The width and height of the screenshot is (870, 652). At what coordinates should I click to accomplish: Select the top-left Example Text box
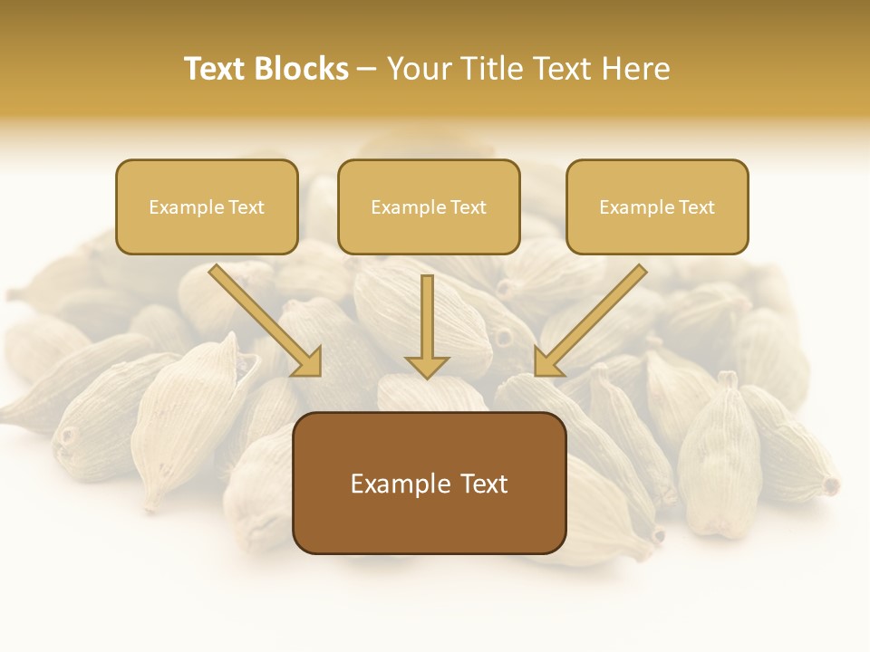coord(207,207)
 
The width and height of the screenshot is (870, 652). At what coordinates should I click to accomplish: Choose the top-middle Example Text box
coord(429,207)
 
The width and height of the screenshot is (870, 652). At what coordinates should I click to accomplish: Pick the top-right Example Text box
coord(657,207)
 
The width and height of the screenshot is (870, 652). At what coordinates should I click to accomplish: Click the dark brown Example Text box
coord(429,483)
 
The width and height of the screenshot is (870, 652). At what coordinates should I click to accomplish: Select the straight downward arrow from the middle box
coord(427,326)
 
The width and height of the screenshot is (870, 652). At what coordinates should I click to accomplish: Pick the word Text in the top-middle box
coord(468,207)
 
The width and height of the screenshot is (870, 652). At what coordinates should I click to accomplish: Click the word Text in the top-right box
coord(696,207)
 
